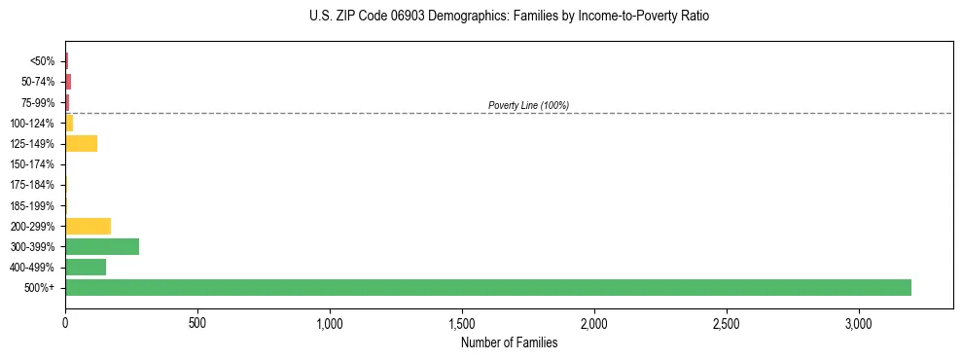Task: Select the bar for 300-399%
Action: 102,246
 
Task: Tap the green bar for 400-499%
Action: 86,267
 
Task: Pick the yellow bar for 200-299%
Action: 88,226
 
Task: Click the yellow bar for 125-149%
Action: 81,144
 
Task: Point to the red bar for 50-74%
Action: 68,82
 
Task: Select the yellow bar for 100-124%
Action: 69,123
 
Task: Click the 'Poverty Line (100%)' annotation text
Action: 528,105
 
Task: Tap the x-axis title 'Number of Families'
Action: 509,342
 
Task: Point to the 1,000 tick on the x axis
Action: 330,322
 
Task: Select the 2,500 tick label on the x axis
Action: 727,322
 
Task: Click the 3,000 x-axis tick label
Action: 859,322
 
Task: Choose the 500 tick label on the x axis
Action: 197,322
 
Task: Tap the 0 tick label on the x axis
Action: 65,322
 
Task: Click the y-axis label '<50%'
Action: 43,61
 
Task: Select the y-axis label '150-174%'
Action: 34,164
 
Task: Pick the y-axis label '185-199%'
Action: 34,205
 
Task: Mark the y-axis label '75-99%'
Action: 39,102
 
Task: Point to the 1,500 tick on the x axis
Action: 462,322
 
